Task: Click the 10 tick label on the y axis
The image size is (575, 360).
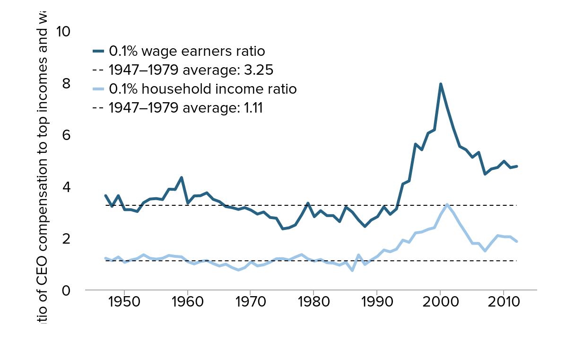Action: pyautogui.click(x=62, y=32)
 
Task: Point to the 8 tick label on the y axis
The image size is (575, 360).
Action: pyautogui.click(x=66, y=84)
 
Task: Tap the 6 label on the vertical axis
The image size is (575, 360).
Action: pyautogui.click(x=66, y=135)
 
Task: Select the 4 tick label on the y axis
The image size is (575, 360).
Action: pyautogui.click(x=66, y=187)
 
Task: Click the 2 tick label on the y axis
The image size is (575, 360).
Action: pyautogui.click(x=66, y=238)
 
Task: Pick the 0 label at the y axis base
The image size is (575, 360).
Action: pyautogui.click(x=66, y=290)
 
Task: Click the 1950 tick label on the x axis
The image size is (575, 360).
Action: pyautogui.click(x=124, y=302)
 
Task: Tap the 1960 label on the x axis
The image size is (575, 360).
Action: pyautogui.click(x=188, y=302)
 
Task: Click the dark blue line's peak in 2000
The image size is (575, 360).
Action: pyautogui.click(x=441, y=84)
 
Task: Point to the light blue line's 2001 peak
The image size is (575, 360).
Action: pyautogui.click(x=447, y=204)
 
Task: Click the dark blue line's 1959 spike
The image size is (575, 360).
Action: pyautogui.click(x=182, y=177)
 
